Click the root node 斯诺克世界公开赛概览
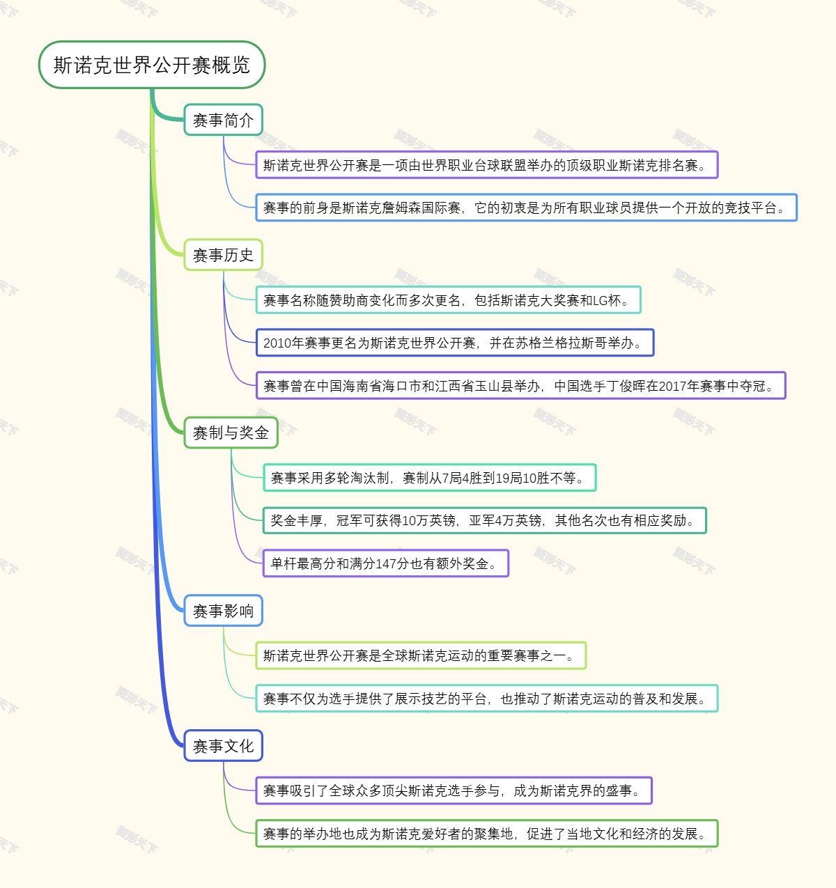click(152, 65)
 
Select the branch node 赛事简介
click(223, 120)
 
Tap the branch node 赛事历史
click(223, 256)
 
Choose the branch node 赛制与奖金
click(231, 433)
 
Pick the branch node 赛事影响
click(223, 611)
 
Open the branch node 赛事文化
click(223, 746)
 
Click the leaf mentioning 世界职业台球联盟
click(486, 165)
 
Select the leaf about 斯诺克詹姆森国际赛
click(526, 208)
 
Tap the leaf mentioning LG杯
click(448, 300)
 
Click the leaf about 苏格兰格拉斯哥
click(455, 343)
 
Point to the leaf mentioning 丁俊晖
click(520, 386)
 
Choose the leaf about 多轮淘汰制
click(429, 478)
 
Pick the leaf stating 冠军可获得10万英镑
click(484, 521)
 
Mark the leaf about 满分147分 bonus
click(386, 563)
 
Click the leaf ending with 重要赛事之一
click(421, 656)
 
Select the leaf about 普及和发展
click(486, 699)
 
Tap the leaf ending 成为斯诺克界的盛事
click(454, 790)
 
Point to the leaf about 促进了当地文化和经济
click(486, 834)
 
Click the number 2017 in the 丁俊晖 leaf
click(674, 386)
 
